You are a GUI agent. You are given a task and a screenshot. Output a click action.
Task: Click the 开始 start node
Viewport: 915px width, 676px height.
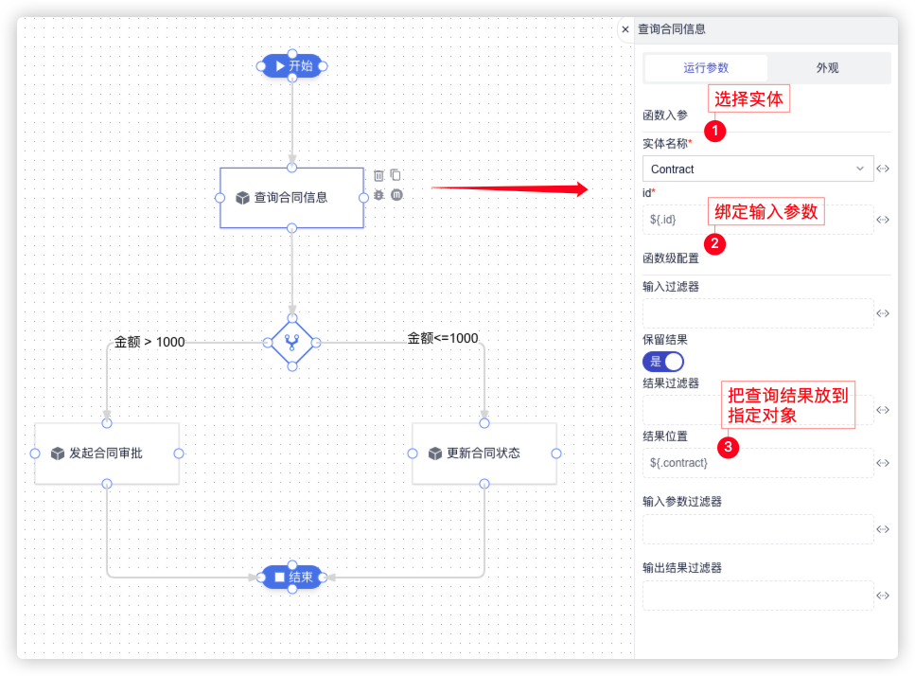pos(292,65)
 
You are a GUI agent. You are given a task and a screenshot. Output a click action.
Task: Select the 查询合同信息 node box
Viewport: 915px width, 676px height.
pos(291,198)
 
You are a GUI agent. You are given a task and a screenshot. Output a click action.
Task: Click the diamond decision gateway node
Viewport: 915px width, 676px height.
pos(291,343)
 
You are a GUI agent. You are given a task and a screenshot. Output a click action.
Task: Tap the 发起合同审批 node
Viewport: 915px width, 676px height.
pos(106,454)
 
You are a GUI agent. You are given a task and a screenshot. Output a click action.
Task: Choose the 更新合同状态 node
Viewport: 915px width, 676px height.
pos(484,454)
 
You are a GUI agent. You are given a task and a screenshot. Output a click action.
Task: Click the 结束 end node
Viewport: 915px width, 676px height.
pos(292,577)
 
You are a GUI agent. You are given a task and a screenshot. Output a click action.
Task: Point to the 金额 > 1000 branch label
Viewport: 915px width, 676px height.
pos(150,342)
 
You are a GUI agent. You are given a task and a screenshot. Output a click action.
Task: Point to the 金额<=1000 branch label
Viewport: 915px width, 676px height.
pos(443,338)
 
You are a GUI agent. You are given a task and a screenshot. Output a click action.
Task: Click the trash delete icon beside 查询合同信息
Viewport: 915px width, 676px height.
pos(378,175)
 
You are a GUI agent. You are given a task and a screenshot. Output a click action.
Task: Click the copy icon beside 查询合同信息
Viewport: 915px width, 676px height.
pos(396,175)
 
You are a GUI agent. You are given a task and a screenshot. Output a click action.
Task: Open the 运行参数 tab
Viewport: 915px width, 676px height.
pos(706,68)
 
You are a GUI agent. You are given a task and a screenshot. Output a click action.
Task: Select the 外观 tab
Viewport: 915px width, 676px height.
pos(828,68)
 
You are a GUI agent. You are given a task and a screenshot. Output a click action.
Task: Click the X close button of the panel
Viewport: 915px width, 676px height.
pos(625,29)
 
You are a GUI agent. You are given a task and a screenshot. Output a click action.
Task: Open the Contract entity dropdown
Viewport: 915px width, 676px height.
pos(758,169)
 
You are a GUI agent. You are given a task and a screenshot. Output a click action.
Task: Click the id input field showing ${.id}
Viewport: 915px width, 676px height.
pos(758,220)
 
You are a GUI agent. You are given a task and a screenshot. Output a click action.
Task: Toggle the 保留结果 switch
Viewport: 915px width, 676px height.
pos(662,362)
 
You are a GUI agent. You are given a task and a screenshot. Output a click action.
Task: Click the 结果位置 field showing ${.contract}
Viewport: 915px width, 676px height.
pos(758,463)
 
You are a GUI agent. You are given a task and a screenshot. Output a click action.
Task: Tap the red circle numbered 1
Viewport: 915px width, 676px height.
pos(716,131)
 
